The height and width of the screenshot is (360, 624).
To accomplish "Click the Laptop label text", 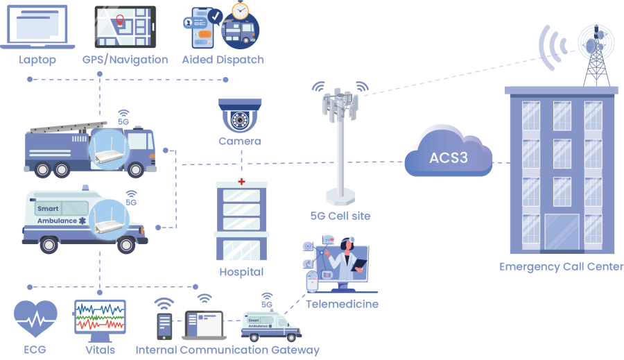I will click(x=37, y=60).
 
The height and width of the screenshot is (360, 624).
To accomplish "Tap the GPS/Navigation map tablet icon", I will click(x=125, y=26).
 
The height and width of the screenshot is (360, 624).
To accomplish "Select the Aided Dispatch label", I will click(x=223, y=60).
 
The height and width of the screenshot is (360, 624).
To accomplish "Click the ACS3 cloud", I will click(x=448, y=157).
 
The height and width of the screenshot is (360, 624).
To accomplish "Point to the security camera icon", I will click(x=239, y=117).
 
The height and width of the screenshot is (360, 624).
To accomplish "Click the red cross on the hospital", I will click(x=241, y=181).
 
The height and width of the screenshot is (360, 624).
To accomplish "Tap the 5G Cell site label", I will click(x=340, y=216).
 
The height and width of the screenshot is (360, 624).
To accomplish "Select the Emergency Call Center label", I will click(x=562, y=267).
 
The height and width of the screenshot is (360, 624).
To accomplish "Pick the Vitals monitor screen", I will click(x=100, y=318).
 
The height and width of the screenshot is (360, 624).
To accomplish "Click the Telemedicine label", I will click(x=342, y=304).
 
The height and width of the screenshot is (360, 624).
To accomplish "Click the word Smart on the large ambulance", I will click(x=48, y=208).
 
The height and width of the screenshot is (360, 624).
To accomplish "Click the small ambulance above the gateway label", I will click(x=271, y=325).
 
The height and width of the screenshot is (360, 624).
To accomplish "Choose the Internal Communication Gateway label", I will click(x=227, y=350).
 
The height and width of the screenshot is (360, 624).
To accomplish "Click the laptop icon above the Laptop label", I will click(x=37, y=26).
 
